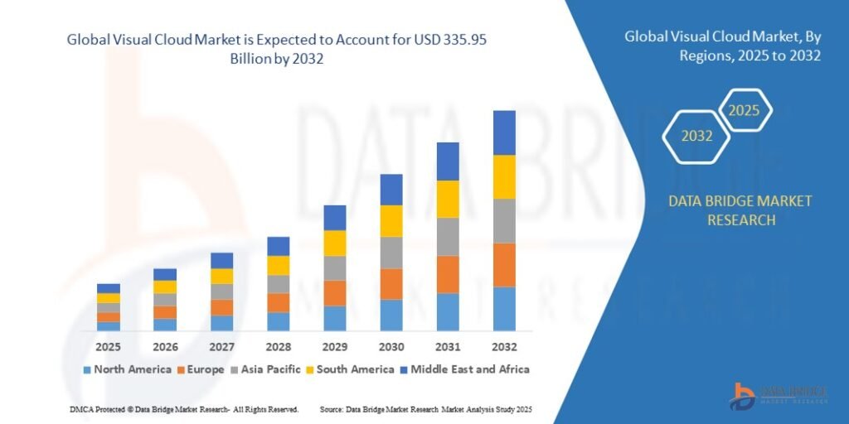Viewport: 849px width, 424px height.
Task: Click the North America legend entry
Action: [x=127, y=369]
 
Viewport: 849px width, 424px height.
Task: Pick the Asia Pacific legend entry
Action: [x=270, y=369]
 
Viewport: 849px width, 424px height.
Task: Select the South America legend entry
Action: [x=353, y=369]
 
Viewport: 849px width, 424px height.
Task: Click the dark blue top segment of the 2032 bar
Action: [x=504, y=132]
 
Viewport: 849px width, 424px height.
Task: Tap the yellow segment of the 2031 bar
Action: [x=448, y=199]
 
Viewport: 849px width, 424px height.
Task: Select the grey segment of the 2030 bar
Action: [x=391, y=253]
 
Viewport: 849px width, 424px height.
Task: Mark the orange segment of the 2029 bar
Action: [x=334, y=293]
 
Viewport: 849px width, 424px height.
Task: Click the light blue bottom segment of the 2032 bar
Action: [x=504, y=309]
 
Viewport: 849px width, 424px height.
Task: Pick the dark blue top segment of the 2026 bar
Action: [x=165, y=274]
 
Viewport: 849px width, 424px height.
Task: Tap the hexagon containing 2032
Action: [x=696, y=136]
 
